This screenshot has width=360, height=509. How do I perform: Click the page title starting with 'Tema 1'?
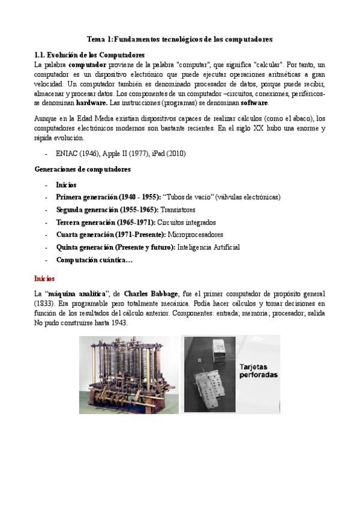[x=179, y=38]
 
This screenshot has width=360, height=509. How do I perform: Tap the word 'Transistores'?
[x=178, y=209]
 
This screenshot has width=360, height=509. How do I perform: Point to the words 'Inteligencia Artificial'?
[x=208, y=247]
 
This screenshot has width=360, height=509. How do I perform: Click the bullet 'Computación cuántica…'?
[x=94, y=260]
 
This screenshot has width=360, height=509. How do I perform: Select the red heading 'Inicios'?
[x=44, y=279]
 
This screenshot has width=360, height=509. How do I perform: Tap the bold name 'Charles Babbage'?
[x=151, y=294]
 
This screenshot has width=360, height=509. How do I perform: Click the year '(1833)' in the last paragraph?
[x=44, y=304]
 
